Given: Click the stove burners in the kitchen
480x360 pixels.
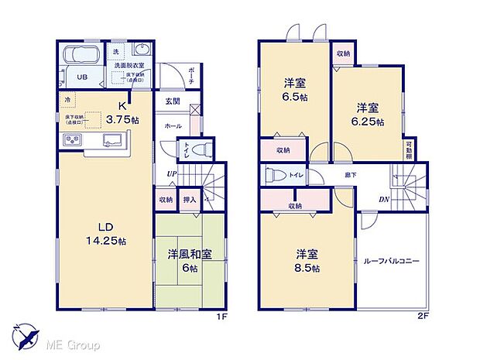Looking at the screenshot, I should pyautogui.click(x=72, y=140).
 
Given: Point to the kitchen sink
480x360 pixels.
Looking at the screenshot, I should pyautogui.click(x=108, y=140).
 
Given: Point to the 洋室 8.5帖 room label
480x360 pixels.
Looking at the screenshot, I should pyautogui.click(x=306, y=261).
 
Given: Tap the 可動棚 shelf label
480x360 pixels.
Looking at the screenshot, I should pyautogui.click(x=408, y=149).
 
